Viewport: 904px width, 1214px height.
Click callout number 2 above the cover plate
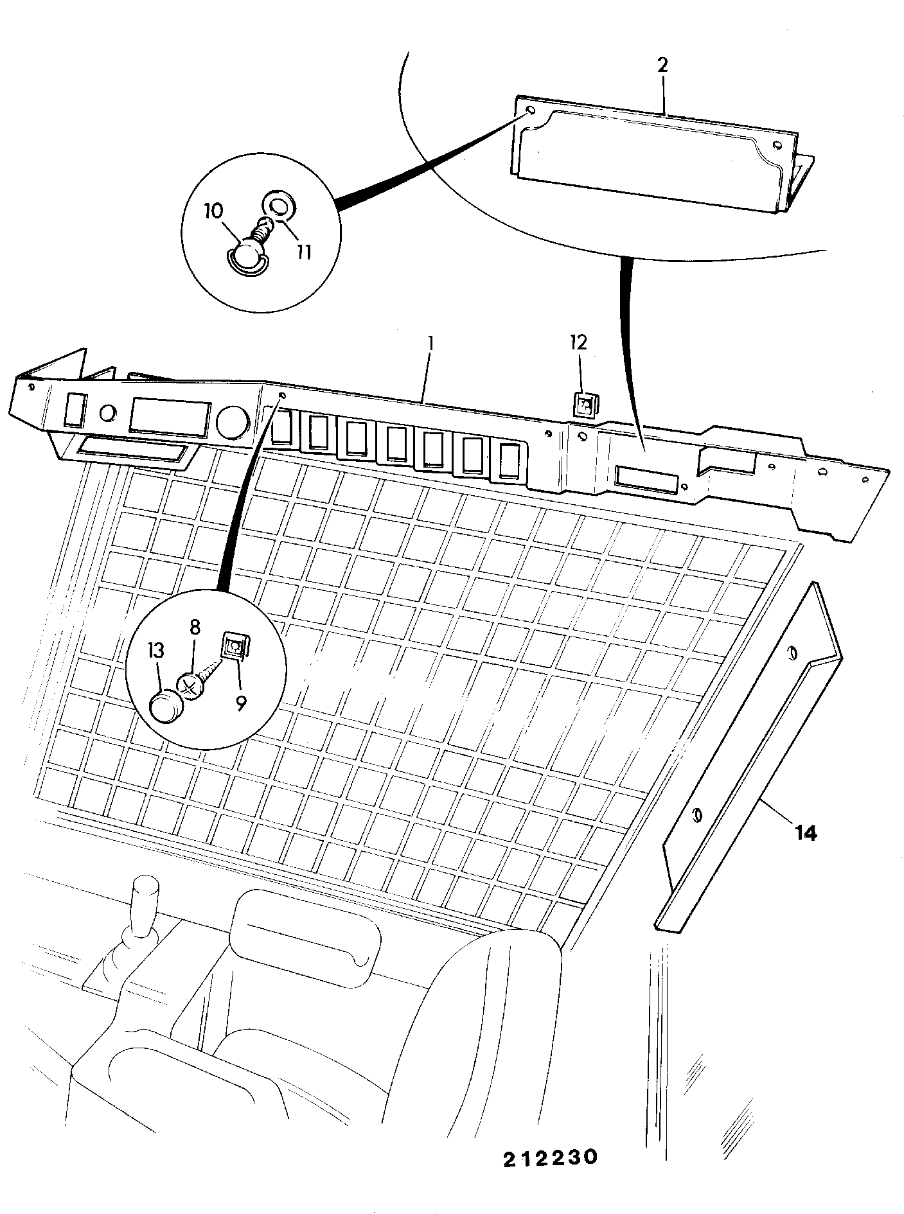662,65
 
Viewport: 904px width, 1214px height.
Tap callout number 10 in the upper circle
214,211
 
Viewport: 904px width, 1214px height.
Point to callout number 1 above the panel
430,344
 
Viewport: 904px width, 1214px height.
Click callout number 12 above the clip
579,342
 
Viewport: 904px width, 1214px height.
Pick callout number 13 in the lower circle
156,651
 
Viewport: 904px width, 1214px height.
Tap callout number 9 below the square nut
241,703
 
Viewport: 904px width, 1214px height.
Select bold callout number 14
805,833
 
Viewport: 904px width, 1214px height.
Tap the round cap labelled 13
166,707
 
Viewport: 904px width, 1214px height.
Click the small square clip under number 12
584,405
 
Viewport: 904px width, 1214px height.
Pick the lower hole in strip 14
696,816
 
